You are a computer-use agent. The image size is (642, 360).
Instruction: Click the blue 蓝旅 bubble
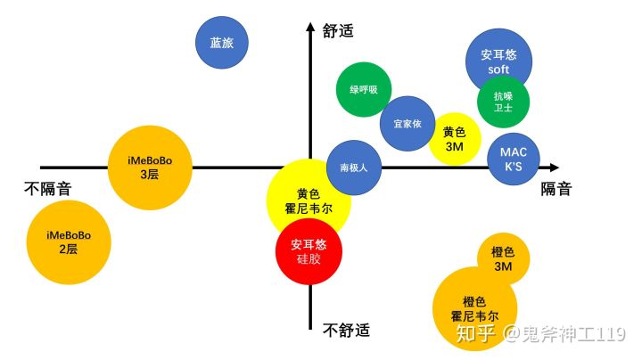(222, 43)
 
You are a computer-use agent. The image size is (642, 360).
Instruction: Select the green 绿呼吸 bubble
(364, 90)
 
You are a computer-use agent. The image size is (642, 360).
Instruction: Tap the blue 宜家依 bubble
(407, 124)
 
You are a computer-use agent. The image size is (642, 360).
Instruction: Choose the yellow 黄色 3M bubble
(455, 138)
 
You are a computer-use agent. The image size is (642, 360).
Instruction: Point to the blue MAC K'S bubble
(513, 159)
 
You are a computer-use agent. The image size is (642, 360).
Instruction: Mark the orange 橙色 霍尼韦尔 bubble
(474, 308)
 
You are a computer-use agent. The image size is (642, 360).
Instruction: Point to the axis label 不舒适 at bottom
(346, 331)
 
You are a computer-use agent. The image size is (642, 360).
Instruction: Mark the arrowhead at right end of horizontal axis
(554, 167)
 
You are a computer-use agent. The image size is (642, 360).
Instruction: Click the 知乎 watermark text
(476, 334)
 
